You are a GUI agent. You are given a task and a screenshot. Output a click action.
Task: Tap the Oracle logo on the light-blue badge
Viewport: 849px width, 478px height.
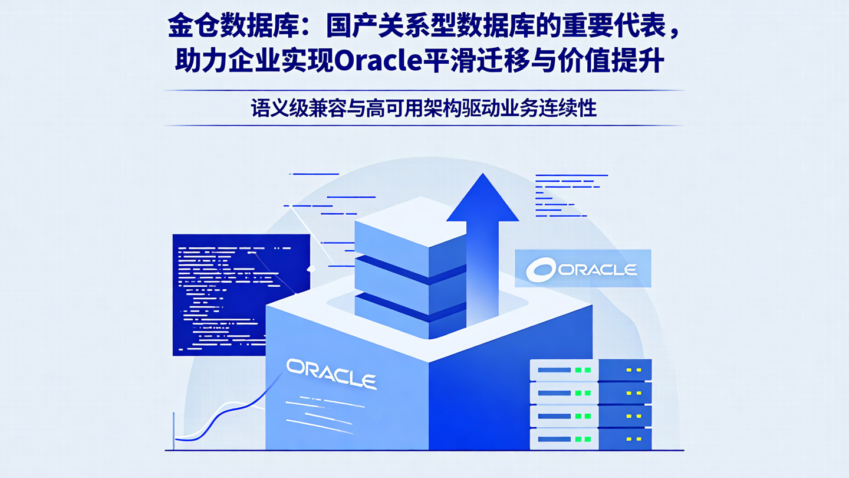point(583,269)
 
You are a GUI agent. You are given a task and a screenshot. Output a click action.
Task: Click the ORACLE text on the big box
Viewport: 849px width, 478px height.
point(331,374)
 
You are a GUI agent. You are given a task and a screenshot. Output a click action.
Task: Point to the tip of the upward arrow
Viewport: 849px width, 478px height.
point(483,176)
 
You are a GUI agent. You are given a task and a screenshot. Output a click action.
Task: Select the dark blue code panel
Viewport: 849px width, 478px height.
point(241,295)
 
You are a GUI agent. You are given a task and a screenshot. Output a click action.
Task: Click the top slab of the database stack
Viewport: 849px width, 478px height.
point(410,230)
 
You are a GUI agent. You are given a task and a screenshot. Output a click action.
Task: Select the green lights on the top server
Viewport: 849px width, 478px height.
point(583,370)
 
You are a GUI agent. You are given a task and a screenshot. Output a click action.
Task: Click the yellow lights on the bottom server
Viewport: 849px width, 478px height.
point(633,439)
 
